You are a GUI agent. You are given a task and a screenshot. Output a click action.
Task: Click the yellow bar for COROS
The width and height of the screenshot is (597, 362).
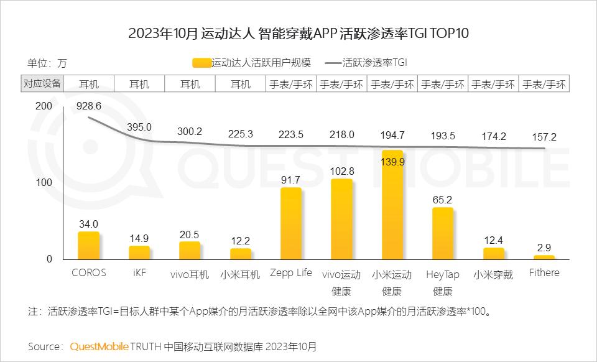[x=89, y=246]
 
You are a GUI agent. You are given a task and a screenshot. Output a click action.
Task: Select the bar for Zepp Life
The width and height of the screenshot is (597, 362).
[x=291, y=223]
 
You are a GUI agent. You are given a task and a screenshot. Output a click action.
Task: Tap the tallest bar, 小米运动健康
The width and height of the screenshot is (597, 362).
[x=392, y=205]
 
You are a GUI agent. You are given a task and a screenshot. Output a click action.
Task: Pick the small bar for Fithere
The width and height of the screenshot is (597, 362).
[x=544, y=258]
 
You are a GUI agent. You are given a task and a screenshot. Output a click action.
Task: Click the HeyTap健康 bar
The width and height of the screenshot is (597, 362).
[x=443, y=233]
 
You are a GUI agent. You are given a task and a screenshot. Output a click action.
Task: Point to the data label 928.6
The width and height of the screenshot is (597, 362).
[x=89, y=106]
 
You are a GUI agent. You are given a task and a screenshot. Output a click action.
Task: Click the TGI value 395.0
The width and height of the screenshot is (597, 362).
[x=139, y=127]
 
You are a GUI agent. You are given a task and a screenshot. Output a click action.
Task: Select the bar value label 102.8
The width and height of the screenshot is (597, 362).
[x=342, y=171]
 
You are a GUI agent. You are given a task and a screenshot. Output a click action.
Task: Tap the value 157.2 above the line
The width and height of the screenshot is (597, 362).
[x=544, y=137]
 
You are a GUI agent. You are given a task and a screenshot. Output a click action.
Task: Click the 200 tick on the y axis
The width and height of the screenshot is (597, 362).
[x=44, y=106]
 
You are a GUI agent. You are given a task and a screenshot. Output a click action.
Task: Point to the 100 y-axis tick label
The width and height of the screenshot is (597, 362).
[x=44, y=182]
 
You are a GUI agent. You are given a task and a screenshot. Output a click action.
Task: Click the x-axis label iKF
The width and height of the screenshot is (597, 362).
[x=139, y=273]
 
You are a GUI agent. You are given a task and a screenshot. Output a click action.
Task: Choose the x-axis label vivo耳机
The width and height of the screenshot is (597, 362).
[x=190, y=274]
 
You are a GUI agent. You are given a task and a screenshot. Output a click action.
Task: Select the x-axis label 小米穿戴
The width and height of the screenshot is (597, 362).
[x=493, y=274]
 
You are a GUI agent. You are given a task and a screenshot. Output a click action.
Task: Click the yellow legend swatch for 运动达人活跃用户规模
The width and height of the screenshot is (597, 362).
[x=201, y=63]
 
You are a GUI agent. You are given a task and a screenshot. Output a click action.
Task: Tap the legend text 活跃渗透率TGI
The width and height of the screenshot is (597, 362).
[x=375, y=62]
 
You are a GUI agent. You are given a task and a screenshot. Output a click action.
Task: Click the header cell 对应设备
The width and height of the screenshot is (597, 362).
[x=42, y=83]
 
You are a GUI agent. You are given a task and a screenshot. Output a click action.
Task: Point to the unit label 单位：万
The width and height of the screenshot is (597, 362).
[x=47, y=63]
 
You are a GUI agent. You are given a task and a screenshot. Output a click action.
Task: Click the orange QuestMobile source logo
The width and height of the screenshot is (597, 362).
[x=99, y=347]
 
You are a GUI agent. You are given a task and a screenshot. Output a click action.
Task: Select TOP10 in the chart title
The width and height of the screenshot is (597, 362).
[x=450, y=33]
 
